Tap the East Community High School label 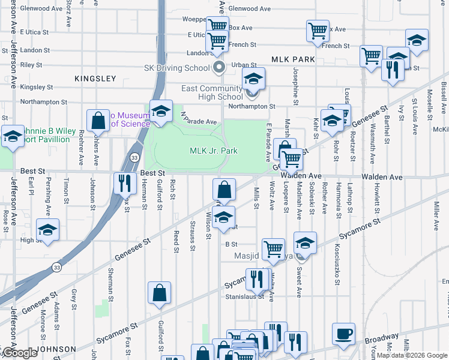212,92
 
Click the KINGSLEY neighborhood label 95,79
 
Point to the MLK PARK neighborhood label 293,60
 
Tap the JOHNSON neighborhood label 56,349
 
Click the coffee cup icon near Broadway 344,334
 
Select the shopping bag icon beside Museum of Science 97,120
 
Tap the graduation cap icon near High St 47,230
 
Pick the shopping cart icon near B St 273,248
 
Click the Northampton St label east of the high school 252,106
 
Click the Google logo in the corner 19,353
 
